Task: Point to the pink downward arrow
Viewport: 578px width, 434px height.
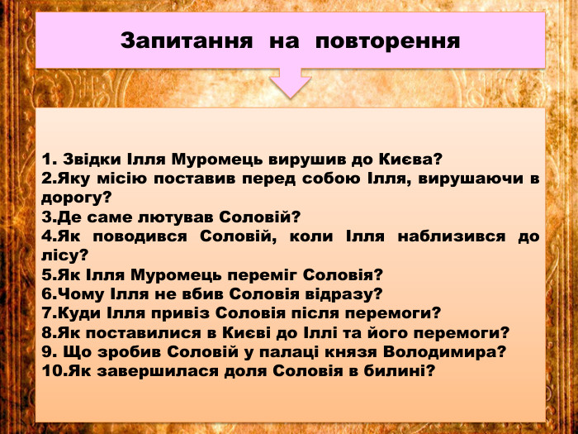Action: [290, 83]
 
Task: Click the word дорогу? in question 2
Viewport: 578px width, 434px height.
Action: [76, 198]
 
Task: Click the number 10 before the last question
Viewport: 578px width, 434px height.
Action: [50, 371]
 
